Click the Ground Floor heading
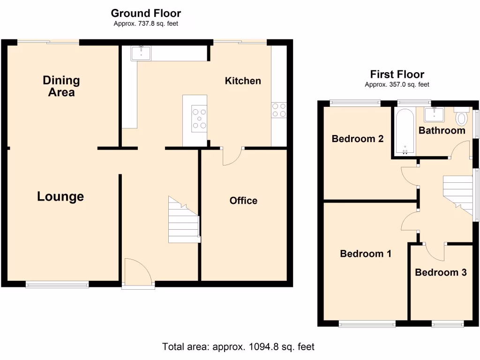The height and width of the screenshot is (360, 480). coord(146,14)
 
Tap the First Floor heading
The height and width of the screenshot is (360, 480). coord(397,74)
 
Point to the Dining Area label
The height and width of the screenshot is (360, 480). coord(61,86)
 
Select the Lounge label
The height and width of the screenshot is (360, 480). coord(60,196)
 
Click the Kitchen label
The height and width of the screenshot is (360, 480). coord(243,81)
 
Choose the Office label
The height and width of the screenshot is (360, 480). coord(243,201)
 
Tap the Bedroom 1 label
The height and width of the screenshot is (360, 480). coord(366,254)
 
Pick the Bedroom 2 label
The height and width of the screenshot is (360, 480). coord(358,139)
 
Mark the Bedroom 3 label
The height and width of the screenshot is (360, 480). coord(441,272)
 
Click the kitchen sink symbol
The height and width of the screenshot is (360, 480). coord(141,53)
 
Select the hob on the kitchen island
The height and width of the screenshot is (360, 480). coord(199,118)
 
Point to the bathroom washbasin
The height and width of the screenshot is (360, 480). coord(434,114)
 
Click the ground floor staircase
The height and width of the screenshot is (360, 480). coord(184,220)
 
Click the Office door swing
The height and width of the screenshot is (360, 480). coord(232,157)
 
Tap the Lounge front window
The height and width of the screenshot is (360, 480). coord(57,284)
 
